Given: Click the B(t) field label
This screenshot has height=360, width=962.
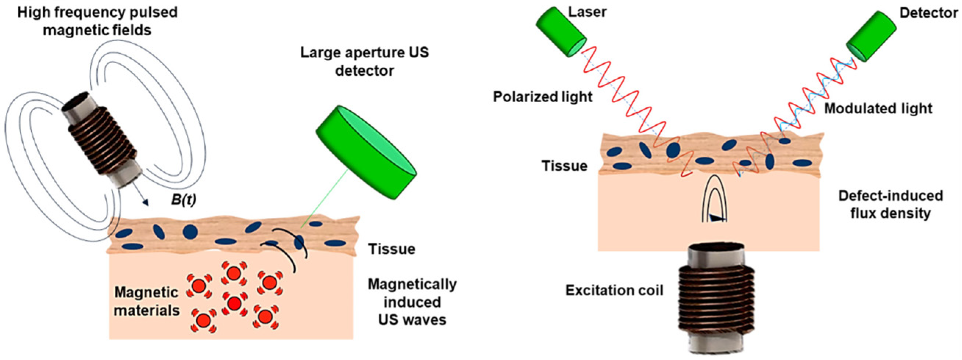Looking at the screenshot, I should tap(183, 200).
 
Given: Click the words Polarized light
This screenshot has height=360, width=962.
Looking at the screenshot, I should tap(542, 97).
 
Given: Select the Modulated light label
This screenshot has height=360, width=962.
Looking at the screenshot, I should tap(878, 109).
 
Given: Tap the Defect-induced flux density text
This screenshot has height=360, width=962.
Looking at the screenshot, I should tap(890, 204).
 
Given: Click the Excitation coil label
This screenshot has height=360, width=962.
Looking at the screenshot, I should tap(614, 290).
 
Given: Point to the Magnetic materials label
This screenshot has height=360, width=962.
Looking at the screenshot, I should tap(146, 301).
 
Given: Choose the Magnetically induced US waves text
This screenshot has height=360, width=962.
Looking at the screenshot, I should tap(412, 302).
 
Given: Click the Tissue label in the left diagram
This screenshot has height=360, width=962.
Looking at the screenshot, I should tap(391, 249).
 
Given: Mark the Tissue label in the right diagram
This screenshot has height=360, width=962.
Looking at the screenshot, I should tap(564, 166).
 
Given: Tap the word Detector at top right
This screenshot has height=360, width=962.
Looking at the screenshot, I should tap(929, 13).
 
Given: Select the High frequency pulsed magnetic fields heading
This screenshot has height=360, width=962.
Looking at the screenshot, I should tap(97, 21).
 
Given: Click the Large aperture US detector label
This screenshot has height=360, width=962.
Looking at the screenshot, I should tap(365, 61).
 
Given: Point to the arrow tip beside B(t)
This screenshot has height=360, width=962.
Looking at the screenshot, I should tap(145, 203).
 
